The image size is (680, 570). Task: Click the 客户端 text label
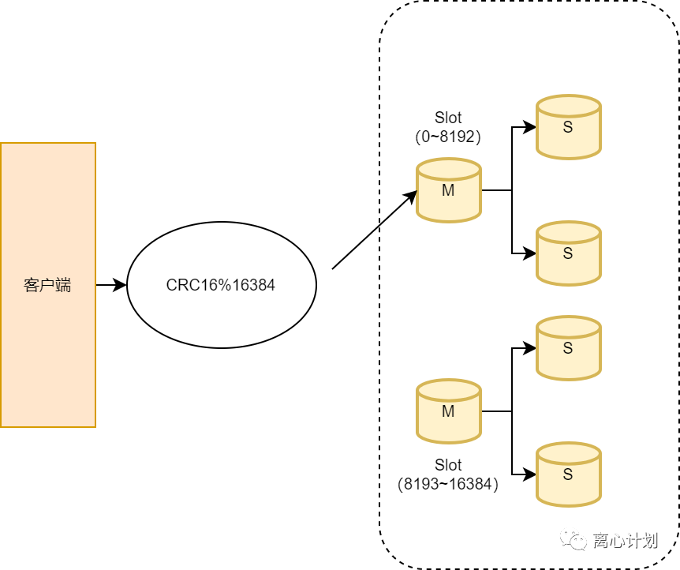pyautogui.click(x=47, y=285)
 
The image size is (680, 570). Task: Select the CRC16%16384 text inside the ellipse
pyautogui.click(x=221, y=285)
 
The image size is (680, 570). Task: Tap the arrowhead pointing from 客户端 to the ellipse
pyautogui.click(x=119, y=285)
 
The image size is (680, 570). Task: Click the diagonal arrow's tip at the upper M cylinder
pyautogui.click(x=417, y=191)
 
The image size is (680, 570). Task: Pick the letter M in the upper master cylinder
pyautogui.click(x=448, y=190)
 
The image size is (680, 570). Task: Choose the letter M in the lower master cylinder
pyautogui.click(x=448, y=411)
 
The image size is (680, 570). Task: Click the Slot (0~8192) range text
pyautogui.click(x=448, y=127)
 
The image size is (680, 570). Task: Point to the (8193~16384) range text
pyautogui.click(x=448, y=484)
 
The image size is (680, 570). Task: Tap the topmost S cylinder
pyautogui.click(x=569, y=127)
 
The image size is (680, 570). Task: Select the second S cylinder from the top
pyautogui.click(x=569, y=253)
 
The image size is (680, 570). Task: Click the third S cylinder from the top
pyautogui.click(x=569, y=347)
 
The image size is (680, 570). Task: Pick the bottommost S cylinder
pyautogui.click(x=569, y=474)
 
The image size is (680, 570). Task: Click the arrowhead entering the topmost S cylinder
pyautogui.click(x=529, y=127)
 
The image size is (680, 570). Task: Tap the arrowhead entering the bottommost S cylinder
pyautogui.click(x=529, y=474)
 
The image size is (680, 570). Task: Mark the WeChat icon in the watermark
pyautogui.click(x=574, y=540)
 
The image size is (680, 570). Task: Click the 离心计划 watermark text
pyautogui.click(x=626, y=541)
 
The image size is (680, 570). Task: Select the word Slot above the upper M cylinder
pyautogui.click(x=448, y=118)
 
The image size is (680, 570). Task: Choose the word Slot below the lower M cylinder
pyautogui.click(x=448, y=465)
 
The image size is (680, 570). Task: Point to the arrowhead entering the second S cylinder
pyautogui.click(x=529, y=253)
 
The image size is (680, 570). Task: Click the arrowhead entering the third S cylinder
pyautogui.click(x=529, y=347)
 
